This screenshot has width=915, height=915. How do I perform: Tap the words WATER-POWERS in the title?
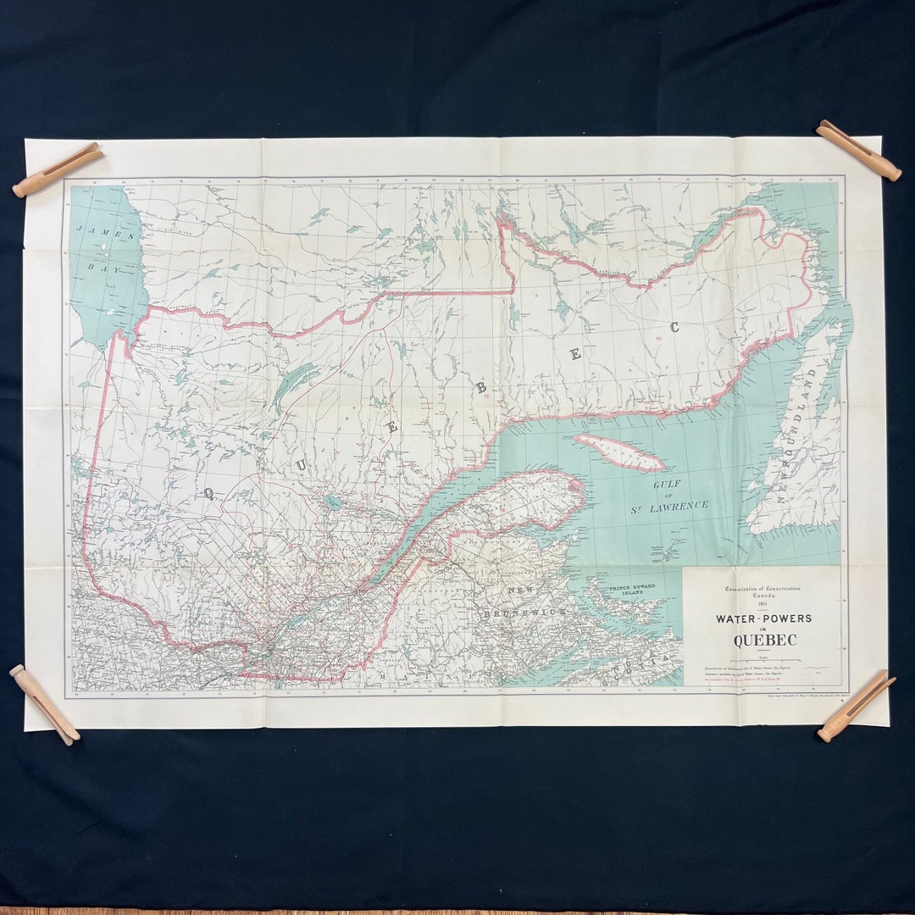pos(763,618)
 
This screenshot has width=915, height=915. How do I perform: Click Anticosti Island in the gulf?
pos(618,452)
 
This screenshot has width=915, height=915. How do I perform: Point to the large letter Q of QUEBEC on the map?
pos(208,493)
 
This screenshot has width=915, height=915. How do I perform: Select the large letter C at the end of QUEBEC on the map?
pos(675,328)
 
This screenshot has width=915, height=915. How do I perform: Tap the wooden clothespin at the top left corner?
pos(58,169)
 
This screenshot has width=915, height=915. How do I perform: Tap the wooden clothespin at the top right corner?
pos(857,150)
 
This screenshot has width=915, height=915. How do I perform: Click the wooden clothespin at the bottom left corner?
pos(44,704)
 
